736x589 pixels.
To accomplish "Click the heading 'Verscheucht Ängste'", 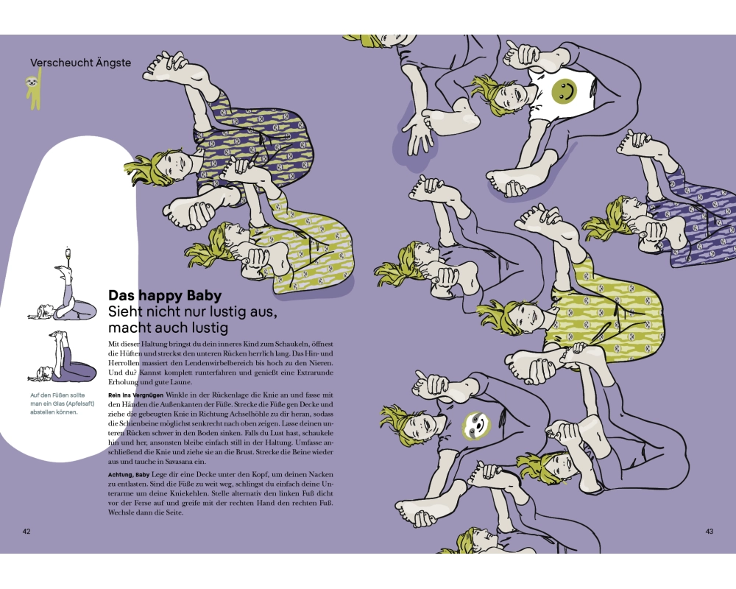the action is [81, 63].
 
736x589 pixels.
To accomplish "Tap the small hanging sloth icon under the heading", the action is [34, 89].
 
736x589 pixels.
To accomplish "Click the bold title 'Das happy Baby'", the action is [165, 295].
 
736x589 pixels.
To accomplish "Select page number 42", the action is [26, 532].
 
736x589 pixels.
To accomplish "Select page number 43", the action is [709, 532].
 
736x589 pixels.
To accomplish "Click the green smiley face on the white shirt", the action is [565, 90].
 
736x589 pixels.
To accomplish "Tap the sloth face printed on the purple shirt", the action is [475, 426].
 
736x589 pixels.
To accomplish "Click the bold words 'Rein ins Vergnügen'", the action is [136, 395].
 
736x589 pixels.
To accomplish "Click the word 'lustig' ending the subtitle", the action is [209, 328].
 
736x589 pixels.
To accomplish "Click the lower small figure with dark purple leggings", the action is [62, 356].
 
